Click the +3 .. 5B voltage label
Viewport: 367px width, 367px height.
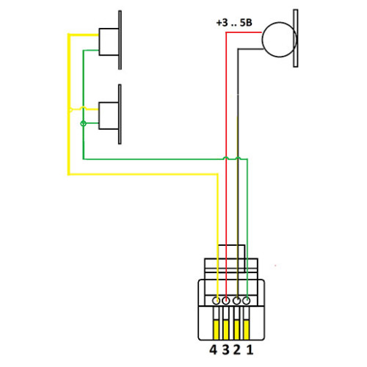pyautogui.click(x=234, y=23)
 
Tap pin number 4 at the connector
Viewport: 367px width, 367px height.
pyautogui.click(x=213, y=349)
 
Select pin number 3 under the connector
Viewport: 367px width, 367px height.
pyautogui.click(x=225, y=349)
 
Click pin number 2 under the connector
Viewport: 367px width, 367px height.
pyautogui.click(x=237, y=349)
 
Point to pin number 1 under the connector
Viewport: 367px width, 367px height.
pyautogui.click(x=250, y=349)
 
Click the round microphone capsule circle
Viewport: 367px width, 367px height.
pyautogui.click(x=263, y=40)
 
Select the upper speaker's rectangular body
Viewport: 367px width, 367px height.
pyautogui.click(x=109, y=42)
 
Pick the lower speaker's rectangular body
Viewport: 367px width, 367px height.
pyautogui.click(x=109, y=115)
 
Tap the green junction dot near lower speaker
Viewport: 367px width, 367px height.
pyautogui.click(x=84, y=123)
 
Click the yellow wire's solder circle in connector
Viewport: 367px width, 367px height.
pyautogui.click(x=216, y=300)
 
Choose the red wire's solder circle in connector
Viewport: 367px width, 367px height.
pyautogui.click(x=226, y=300)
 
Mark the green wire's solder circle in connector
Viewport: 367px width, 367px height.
pyautogui.click(x=247, y=300)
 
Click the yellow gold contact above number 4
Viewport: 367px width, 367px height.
pyautogui.click(x=216, y=330)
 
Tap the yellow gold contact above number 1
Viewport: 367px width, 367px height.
pyautogui.click(x=246, y=330)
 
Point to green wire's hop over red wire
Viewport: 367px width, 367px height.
pyautogui.click(x=226, y=158)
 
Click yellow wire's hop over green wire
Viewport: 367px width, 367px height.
pyautogui.click(x=84, y=108)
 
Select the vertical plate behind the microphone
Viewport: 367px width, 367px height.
pyautogui.click(x=296, y=38)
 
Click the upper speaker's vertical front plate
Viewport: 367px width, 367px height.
pyautogui.click(x=120, y=40)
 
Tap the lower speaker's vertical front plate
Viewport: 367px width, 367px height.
pyautogui.click(x=120, y=115)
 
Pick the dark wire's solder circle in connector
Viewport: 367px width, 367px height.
pyautogui.click(x=236, y=300)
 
